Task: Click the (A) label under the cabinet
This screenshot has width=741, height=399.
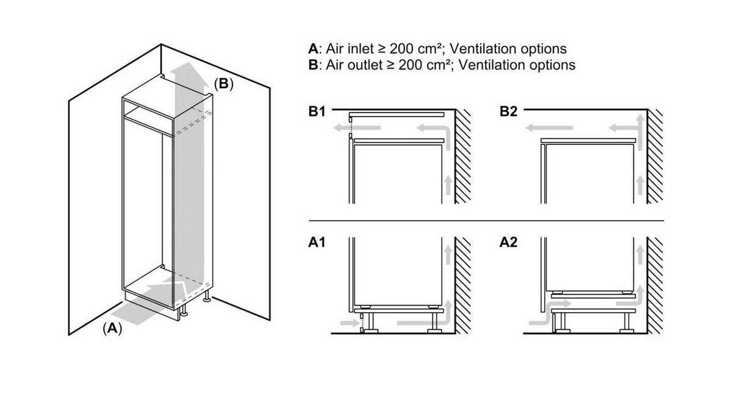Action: pyautogui.click(x=112, y=328)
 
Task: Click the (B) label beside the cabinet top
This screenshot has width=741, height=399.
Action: pyautogui.click(x=223, y=84)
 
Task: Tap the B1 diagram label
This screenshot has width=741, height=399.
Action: pyautogui.click(x=318, y=112)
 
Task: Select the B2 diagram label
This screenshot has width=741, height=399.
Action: pyautogui.click(x=508, y=112)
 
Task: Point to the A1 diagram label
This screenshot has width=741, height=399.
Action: pyautogui.click(x=317, y=243)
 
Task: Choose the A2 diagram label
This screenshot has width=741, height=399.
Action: pyautogui.click(x=508, y=243)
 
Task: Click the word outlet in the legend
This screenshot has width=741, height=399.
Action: pyautogui.click(x=367, y=64)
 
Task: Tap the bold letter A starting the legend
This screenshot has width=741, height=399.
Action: pyautogui.click(x=313, y=49)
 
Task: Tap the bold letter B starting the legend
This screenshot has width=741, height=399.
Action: pyautogui.click(x=313, y=64)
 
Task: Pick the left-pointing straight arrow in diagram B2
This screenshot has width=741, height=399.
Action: pyautogui.click(x=549, y=128)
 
